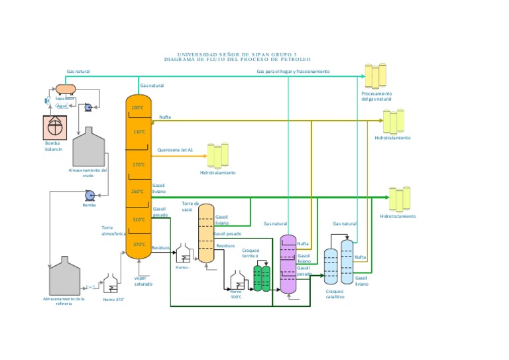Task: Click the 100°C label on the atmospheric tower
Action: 137,107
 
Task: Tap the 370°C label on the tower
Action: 139,244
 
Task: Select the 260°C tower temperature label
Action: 137,192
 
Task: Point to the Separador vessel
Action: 66,88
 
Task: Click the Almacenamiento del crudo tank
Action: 88,147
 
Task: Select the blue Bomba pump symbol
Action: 88,195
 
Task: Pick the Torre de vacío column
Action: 206,233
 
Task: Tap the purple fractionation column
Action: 288,264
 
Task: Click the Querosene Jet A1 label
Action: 175,150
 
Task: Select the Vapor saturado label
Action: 143,281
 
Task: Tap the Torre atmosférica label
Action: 113,231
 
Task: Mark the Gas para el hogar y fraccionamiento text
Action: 293,71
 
